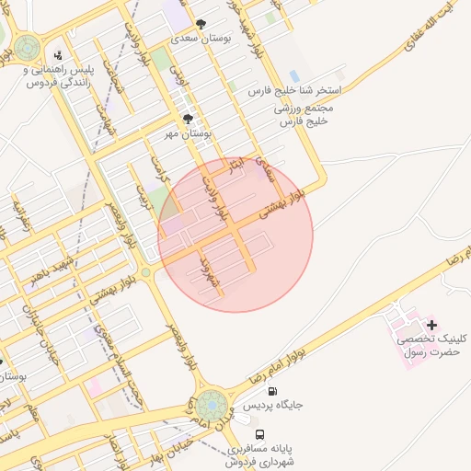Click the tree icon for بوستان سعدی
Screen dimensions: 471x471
[201, 24]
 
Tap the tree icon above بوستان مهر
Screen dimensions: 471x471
[189, 119]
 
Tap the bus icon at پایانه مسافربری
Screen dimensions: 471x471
[260, 434]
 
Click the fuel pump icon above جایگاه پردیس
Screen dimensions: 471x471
[261, 405]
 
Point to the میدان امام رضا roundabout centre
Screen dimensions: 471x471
[212, 405]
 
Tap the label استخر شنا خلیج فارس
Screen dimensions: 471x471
[295, 92]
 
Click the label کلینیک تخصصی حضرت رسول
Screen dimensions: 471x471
[431, 346]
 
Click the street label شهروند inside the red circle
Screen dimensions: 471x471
[207, 273]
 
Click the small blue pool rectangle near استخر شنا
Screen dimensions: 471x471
[293, 75]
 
